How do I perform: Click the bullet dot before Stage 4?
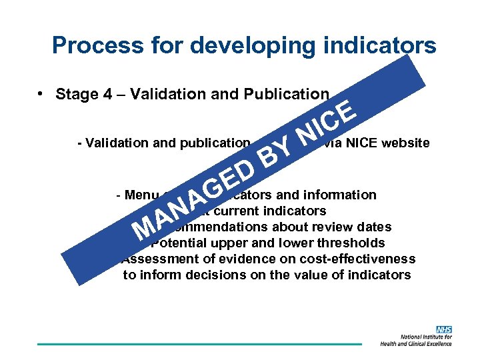[x=41, y=93]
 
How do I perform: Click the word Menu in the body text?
[x=137, y=195]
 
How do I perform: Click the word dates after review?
[x=374, y=227]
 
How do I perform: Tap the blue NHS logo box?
[x=443, y=329]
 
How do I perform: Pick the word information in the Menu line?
[x=339, y=195]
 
